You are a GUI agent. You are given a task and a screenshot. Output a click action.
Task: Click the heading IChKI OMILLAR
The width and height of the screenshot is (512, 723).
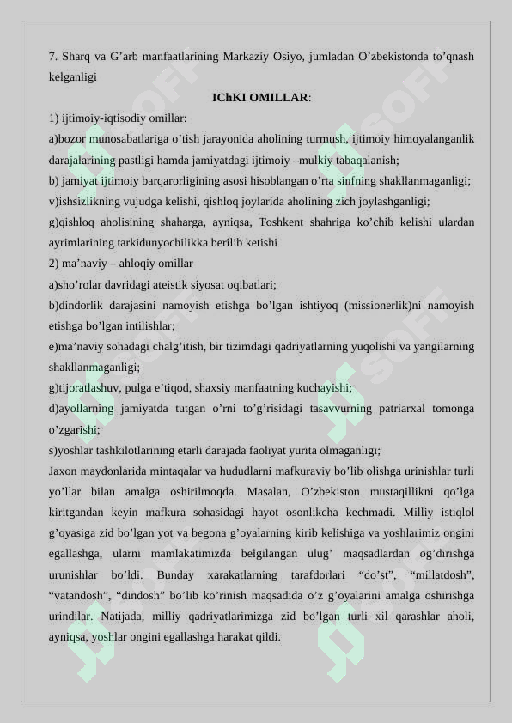[261, 97]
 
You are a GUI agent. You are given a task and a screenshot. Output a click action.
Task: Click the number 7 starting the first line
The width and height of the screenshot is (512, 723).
[52, 57]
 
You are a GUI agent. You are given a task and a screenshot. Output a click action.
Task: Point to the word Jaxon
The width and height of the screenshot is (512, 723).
[64, 471]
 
